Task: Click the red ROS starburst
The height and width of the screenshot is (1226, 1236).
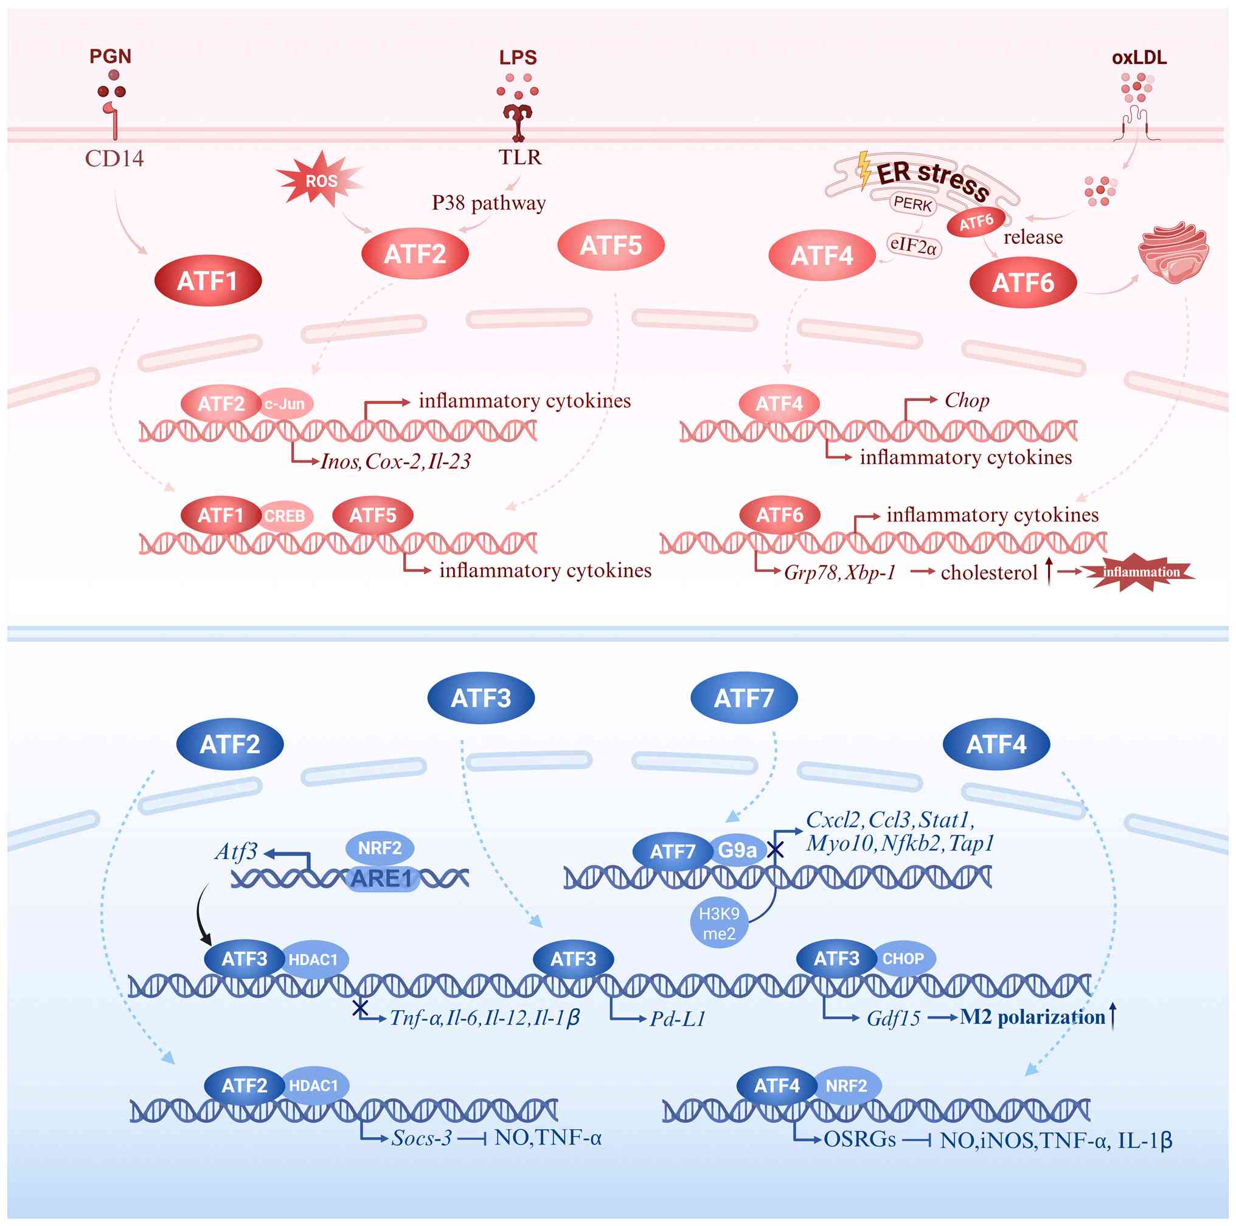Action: (x=320, y=181)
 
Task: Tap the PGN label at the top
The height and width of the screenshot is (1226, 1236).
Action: (x=110, y=57)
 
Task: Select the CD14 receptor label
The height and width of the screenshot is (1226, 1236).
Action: (x=114, y=158)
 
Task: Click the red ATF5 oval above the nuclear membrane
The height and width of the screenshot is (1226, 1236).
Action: (x=610, y=245)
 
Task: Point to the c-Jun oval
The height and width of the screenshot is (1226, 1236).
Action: (x=285, y=404)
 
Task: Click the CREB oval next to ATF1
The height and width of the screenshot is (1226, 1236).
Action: (x=285, y=516)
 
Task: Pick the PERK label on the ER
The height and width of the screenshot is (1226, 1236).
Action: (x=912, y=203)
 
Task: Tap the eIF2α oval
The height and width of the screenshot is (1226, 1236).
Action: (x=913, y=245)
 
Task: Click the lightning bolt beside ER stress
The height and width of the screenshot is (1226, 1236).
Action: (x=864, y=170)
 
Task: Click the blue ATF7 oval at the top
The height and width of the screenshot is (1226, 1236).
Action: (x=743, y=697)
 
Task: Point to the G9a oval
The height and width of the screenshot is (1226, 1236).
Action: (x=737, y=850)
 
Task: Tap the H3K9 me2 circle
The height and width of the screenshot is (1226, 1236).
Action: (x=718, y=923)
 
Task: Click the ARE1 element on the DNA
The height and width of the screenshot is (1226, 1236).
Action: (x=381, y=879)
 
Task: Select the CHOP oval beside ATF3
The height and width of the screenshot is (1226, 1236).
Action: (x=903, y=958)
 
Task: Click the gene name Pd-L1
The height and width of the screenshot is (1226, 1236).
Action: (x=678, y=1019)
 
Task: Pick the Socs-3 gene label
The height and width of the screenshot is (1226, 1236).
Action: (x=422, y=1138)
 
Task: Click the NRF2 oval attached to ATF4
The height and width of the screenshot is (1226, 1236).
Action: (x=845, y=1086)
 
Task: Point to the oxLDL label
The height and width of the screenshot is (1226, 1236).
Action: (x=1139, y=58)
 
